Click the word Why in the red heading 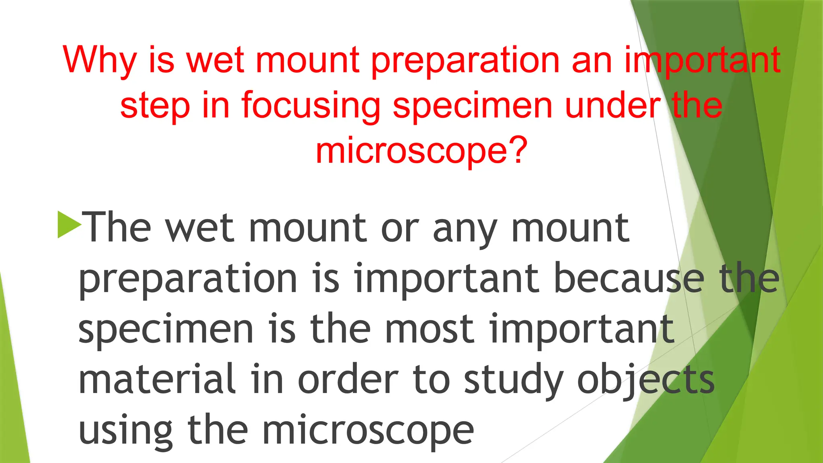(x=100, y=60)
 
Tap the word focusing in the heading (x=311, y=105)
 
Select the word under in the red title (x=612, y=105)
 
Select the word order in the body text (x=348, y=379)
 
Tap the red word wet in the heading (x=215, y=60)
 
